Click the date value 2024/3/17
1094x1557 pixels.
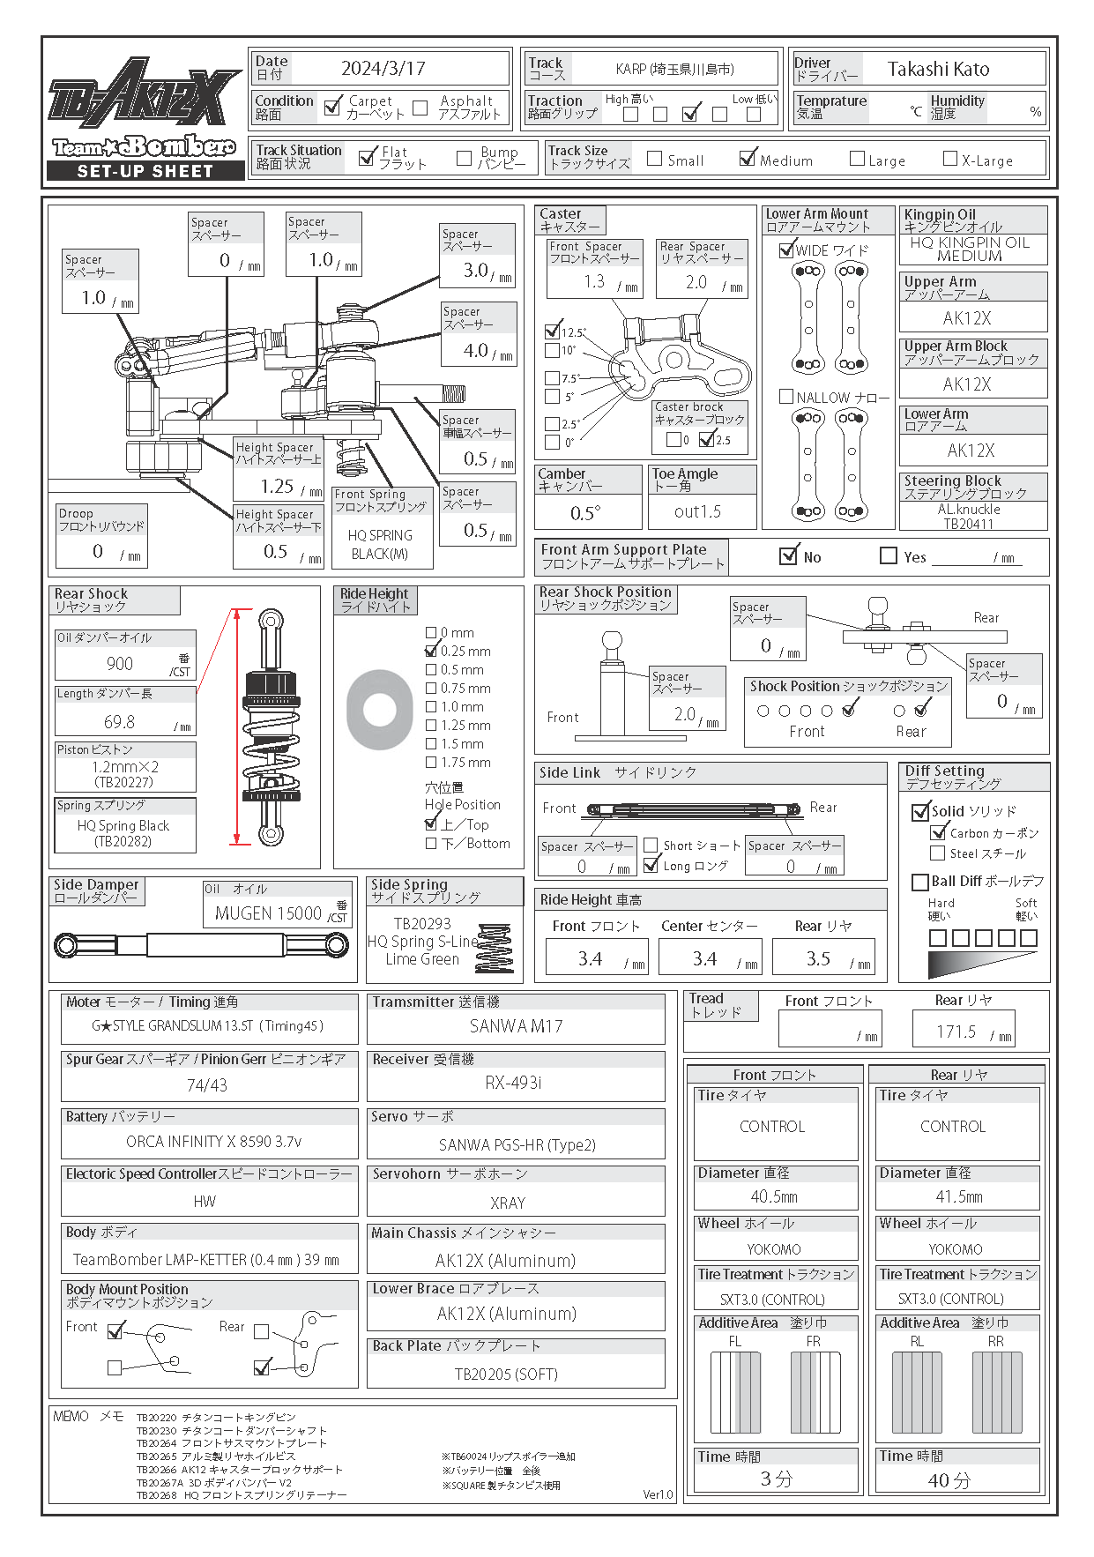(x=383, y=69)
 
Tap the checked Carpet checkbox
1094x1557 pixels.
(x=332, y=108)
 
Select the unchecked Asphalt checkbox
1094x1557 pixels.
(x=420, y=108)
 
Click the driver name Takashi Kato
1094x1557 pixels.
(x=938, y=69)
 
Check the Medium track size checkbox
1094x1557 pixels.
(x=748, y=159)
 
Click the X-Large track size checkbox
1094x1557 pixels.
(x=949, y=159)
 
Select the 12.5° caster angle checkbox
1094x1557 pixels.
(x=553, y=332)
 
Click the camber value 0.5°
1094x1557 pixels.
(x=585, y=513)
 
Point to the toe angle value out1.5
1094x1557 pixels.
(x=697, y=511)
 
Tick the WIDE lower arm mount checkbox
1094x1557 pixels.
(x=787, y=250)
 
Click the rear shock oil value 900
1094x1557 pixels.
(x=120, y=664)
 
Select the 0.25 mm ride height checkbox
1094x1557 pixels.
(x=431, y=651)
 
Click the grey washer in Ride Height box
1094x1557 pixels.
(x=380, y=710)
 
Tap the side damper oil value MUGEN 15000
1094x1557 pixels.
(x=268, y=913)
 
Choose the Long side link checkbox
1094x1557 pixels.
(x=651, y=865)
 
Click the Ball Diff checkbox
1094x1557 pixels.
(x=919, y=882)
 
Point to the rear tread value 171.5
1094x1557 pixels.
(x=956, y=1032)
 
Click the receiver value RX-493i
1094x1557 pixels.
(x=513, y=1083)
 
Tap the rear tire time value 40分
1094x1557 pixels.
(x=949, y=1480)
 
